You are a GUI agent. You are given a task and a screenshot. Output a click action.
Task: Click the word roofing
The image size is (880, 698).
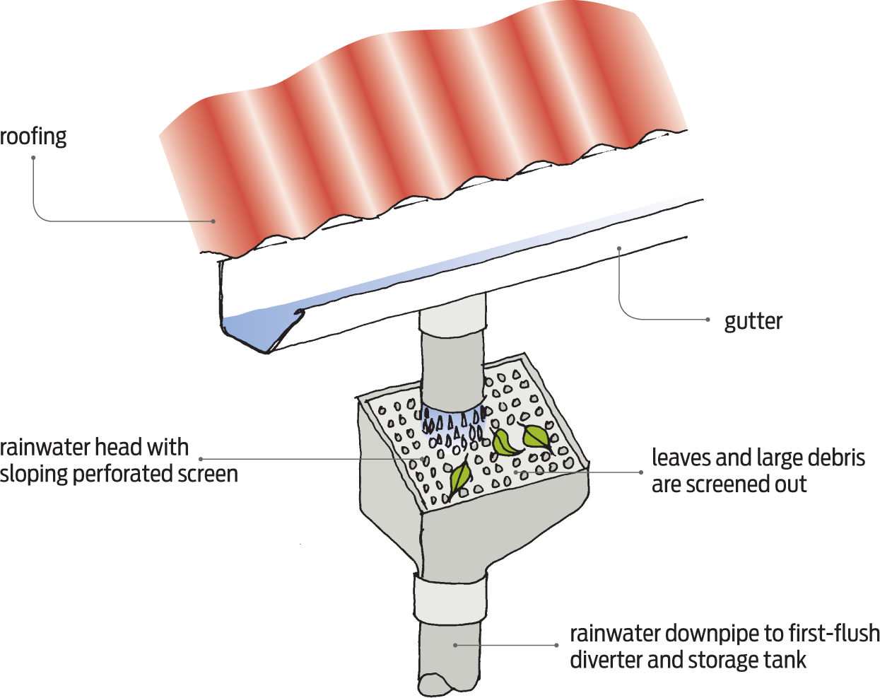pos(33,136)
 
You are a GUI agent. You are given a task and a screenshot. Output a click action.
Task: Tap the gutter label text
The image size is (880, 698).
pos(753,321)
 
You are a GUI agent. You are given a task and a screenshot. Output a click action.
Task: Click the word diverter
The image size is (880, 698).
pos(606,660)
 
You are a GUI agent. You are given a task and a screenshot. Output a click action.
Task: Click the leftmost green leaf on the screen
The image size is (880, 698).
pos(460,477)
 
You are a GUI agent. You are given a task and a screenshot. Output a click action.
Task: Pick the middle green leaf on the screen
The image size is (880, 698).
pos(504,443)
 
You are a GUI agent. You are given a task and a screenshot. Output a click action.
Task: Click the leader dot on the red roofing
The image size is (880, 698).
pos(213,221)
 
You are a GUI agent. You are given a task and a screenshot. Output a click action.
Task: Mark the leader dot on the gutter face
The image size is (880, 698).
pos(619,248)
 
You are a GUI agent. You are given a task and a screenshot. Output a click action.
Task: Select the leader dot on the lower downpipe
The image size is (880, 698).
pos(455,645)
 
